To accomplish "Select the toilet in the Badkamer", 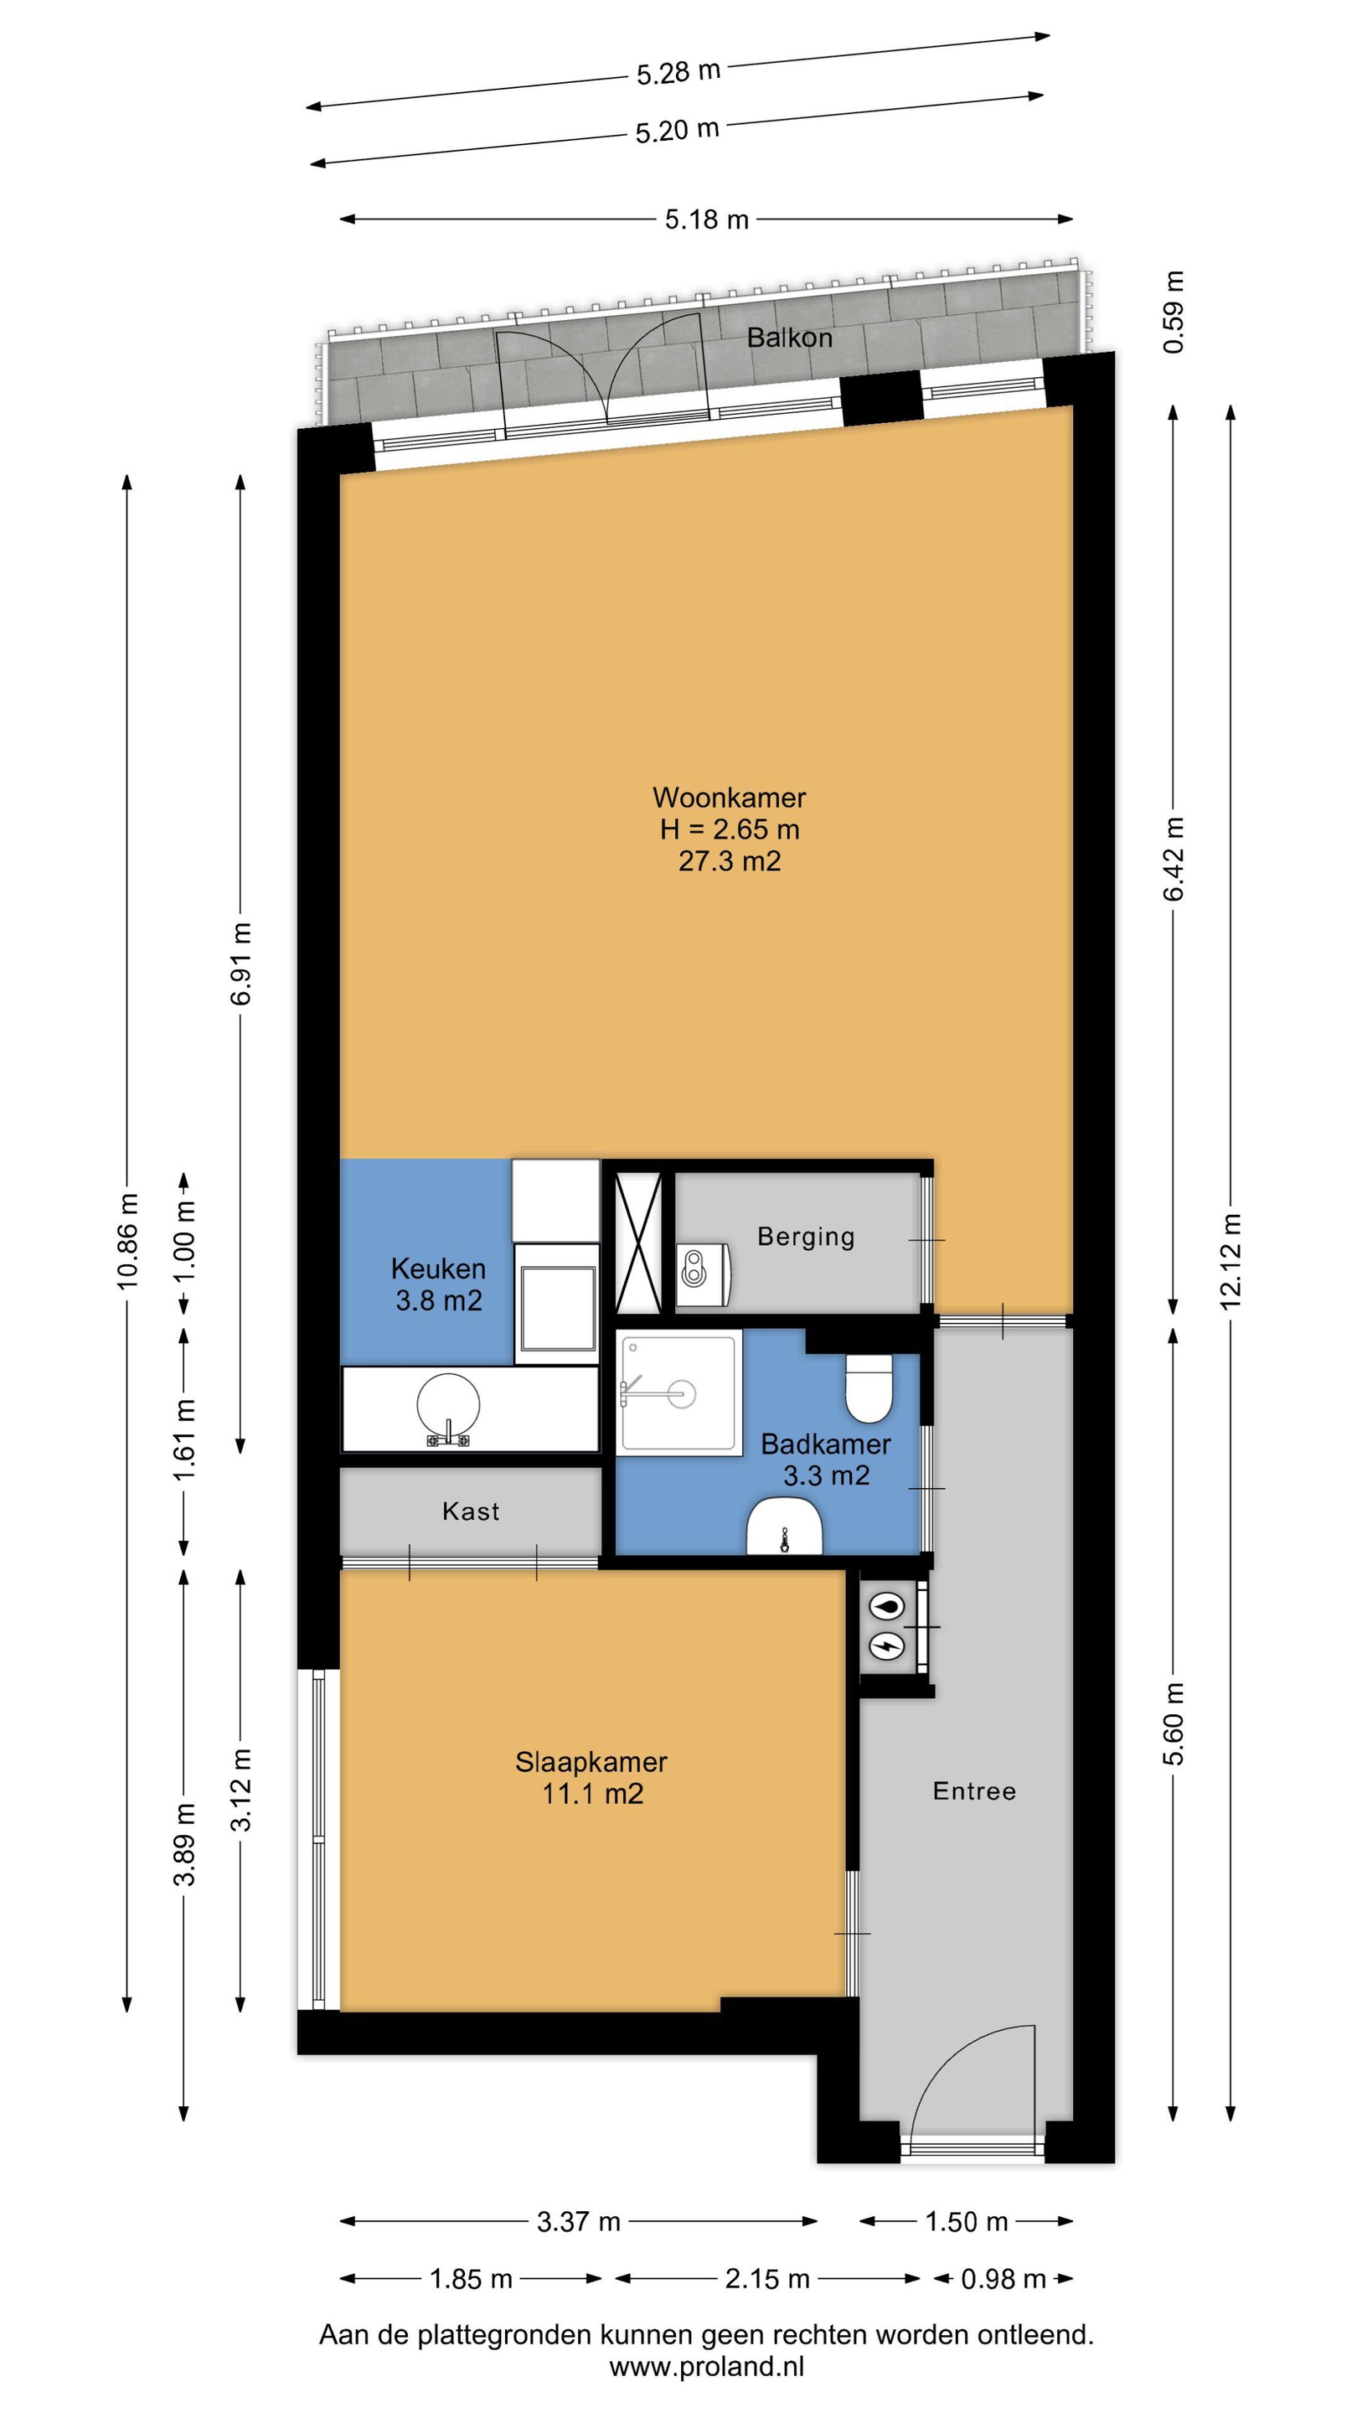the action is [x=870, y=1388].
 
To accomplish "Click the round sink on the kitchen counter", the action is [x=449, y=1407].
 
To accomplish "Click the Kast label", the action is [x=471, y=1511].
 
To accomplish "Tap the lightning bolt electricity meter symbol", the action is [x=887, y=1644].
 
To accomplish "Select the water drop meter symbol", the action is [x=887, y=1606].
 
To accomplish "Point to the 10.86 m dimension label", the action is [x=127, y=1242].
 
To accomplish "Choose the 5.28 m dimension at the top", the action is [x=678, y=72].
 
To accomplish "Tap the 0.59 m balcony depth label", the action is [x=1174, y=312].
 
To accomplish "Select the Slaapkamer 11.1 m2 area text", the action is [x=593, y=1794].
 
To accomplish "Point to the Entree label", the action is [x=974, y=1791].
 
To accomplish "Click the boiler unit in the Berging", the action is [x=703, y=1274].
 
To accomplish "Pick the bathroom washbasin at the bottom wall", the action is [x=784, y=1527].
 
